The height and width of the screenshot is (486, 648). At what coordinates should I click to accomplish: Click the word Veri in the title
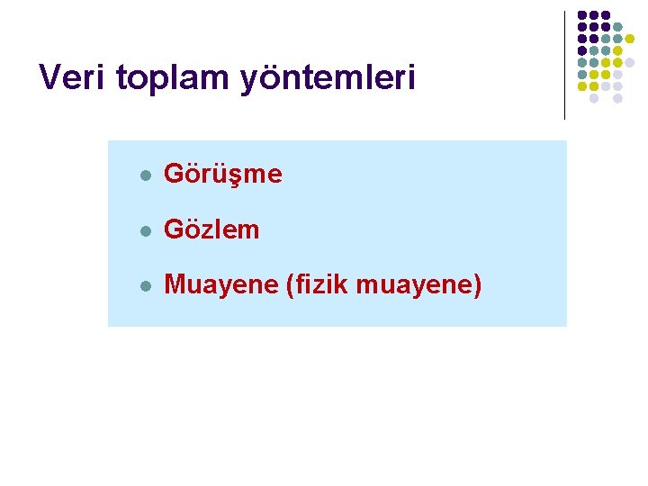73,77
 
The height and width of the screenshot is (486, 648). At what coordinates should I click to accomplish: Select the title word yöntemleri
328,79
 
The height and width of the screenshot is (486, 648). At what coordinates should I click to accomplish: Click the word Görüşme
223,175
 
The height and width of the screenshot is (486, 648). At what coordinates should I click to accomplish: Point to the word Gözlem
211,229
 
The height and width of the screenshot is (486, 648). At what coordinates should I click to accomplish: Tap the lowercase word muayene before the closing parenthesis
414,286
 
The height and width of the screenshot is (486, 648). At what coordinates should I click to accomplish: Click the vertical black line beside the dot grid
564,63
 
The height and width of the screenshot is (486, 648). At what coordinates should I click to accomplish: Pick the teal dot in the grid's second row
617,27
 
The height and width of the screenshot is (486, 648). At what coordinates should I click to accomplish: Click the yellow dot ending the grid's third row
629,39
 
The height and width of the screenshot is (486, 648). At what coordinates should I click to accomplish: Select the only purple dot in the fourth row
582,50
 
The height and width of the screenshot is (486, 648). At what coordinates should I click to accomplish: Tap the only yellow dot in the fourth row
617,50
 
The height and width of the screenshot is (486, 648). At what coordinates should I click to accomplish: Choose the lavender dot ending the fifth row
629,62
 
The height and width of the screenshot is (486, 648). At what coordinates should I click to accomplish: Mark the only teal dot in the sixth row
582,74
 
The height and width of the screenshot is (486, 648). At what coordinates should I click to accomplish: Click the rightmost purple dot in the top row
606,15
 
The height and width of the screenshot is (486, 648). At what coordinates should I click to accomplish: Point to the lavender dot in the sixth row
617,74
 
